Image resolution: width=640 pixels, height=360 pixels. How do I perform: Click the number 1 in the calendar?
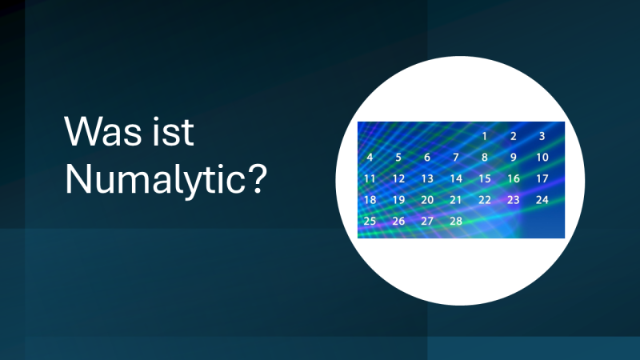484,136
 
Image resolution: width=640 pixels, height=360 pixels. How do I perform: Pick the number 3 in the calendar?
542,136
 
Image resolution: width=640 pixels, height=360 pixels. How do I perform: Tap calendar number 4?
370,158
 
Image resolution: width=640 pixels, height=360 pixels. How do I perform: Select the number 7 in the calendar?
456,158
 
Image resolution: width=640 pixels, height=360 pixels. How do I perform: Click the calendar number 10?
542,158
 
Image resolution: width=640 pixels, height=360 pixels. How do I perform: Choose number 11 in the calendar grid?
370,178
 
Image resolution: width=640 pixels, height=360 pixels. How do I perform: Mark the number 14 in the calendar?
456,178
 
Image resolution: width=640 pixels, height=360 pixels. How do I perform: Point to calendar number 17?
542,178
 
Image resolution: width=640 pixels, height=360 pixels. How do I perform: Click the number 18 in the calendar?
370,199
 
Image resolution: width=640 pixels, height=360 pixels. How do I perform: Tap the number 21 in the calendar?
456,199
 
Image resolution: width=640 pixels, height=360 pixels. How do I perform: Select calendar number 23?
514,199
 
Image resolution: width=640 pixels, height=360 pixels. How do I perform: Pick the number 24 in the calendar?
542,199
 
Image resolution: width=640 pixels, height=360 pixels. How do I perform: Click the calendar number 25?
370,221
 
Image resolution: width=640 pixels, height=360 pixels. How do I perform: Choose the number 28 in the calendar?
456,221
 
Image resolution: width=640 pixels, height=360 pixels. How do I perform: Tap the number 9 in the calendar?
514,158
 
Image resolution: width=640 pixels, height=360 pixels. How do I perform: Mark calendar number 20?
427,199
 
